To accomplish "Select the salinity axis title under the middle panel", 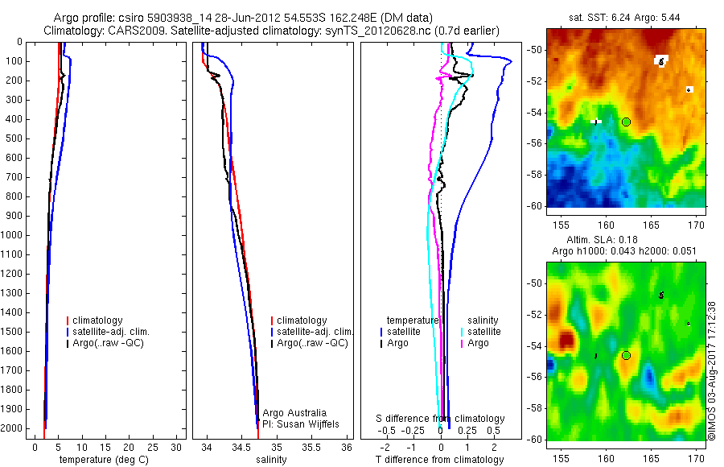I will click(270, 460).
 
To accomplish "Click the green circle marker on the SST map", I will click(626, 122).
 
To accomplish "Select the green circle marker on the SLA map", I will click(626, 355).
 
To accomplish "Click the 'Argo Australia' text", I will click(294, 413).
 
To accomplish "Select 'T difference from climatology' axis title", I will click(439, 460).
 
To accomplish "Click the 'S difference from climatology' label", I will click(441, 419).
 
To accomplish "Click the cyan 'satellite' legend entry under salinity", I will click(484, 332).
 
